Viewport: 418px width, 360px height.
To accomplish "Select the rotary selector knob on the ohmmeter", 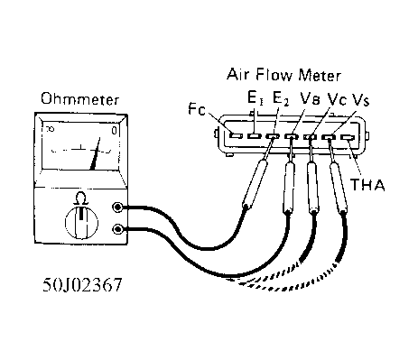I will coord(79,219).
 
